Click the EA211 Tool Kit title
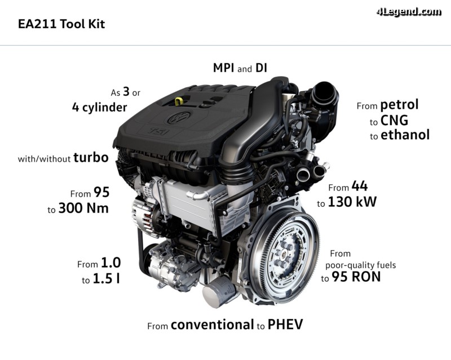(61, 24)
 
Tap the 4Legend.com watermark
(409, 12)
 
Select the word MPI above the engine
(223, 68)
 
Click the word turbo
(91, 158)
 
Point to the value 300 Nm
(83, 208)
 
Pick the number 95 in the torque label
(101, 192)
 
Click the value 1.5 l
(107, 279)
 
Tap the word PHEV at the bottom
(285, 325)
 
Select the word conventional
(213, 325)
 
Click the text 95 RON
(356, 277)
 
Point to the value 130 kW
(352, 202)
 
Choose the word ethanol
(405, 135)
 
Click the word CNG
(394, 121)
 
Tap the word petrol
(399, 105)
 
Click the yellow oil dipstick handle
(179, 101)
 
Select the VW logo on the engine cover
(179, 117)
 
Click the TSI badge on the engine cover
(159, 131)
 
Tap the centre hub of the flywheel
(284, 255)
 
